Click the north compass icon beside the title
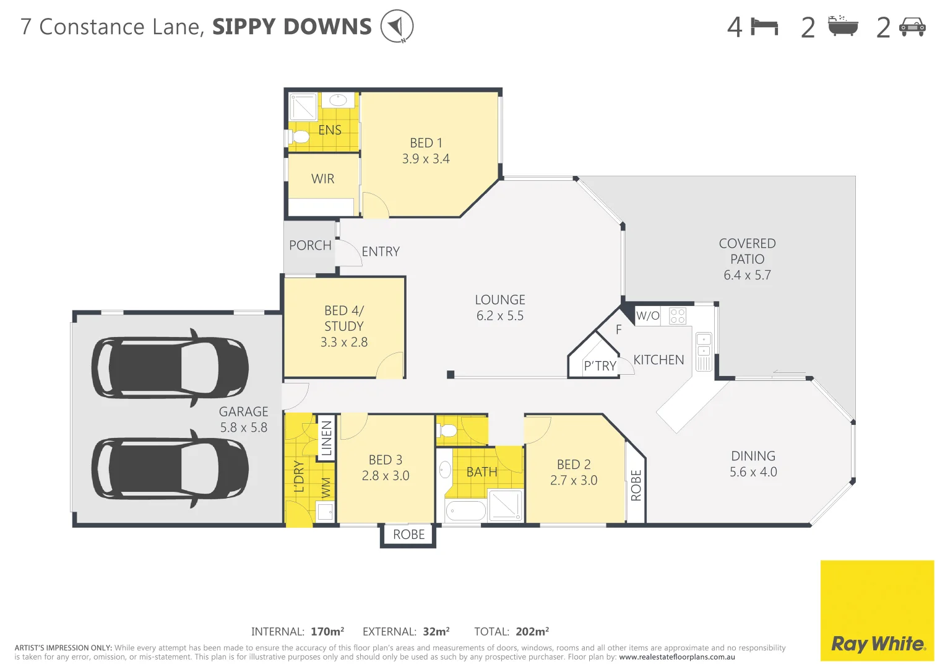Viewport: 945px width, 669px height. click(397, 27)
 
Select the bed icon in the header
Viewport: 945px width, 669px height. click(764, 27)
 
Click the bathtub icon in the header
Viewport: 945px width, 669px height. click(843, 27)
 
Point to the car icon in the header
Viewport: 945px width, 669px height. click(912, 27)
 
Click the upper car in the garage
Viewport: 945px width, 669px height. click(170, 367)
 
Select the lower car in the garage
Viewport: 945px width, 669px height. click(170, 468)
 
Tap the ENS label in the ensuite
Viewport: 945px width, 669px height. click(330, 130)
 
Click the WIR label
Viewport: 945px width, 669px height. click(322, 179)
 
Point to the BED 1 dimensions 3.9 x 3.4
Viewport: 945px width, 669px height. click(426, 159)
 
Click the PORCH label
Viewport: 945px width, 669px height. click(310, 245)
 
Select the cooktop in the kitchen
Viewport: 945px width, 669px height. click(678, 316)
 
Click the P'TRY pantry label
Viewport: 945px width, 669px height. click(600, 366)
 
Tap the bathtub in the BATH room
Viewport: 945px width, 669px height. click(466, 511)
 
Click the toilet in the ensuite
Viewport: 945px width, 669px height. click(300, 136)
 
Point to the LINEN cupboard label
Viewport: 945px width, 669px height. click(327, 438)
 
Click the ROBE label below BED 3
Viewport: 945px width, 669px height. click(408, 535)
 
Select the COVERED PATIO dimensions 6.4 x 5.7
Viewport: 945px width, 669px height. click(747, 275)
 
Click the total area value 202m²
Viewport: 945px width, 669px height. click(532, 632)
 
